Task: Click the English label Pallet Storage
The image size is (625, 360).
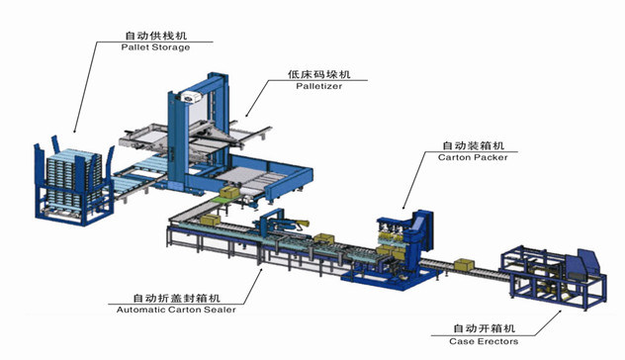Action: coord(154,46)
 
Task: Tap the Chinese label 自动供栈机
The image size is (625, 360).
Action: coord(154,34)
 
